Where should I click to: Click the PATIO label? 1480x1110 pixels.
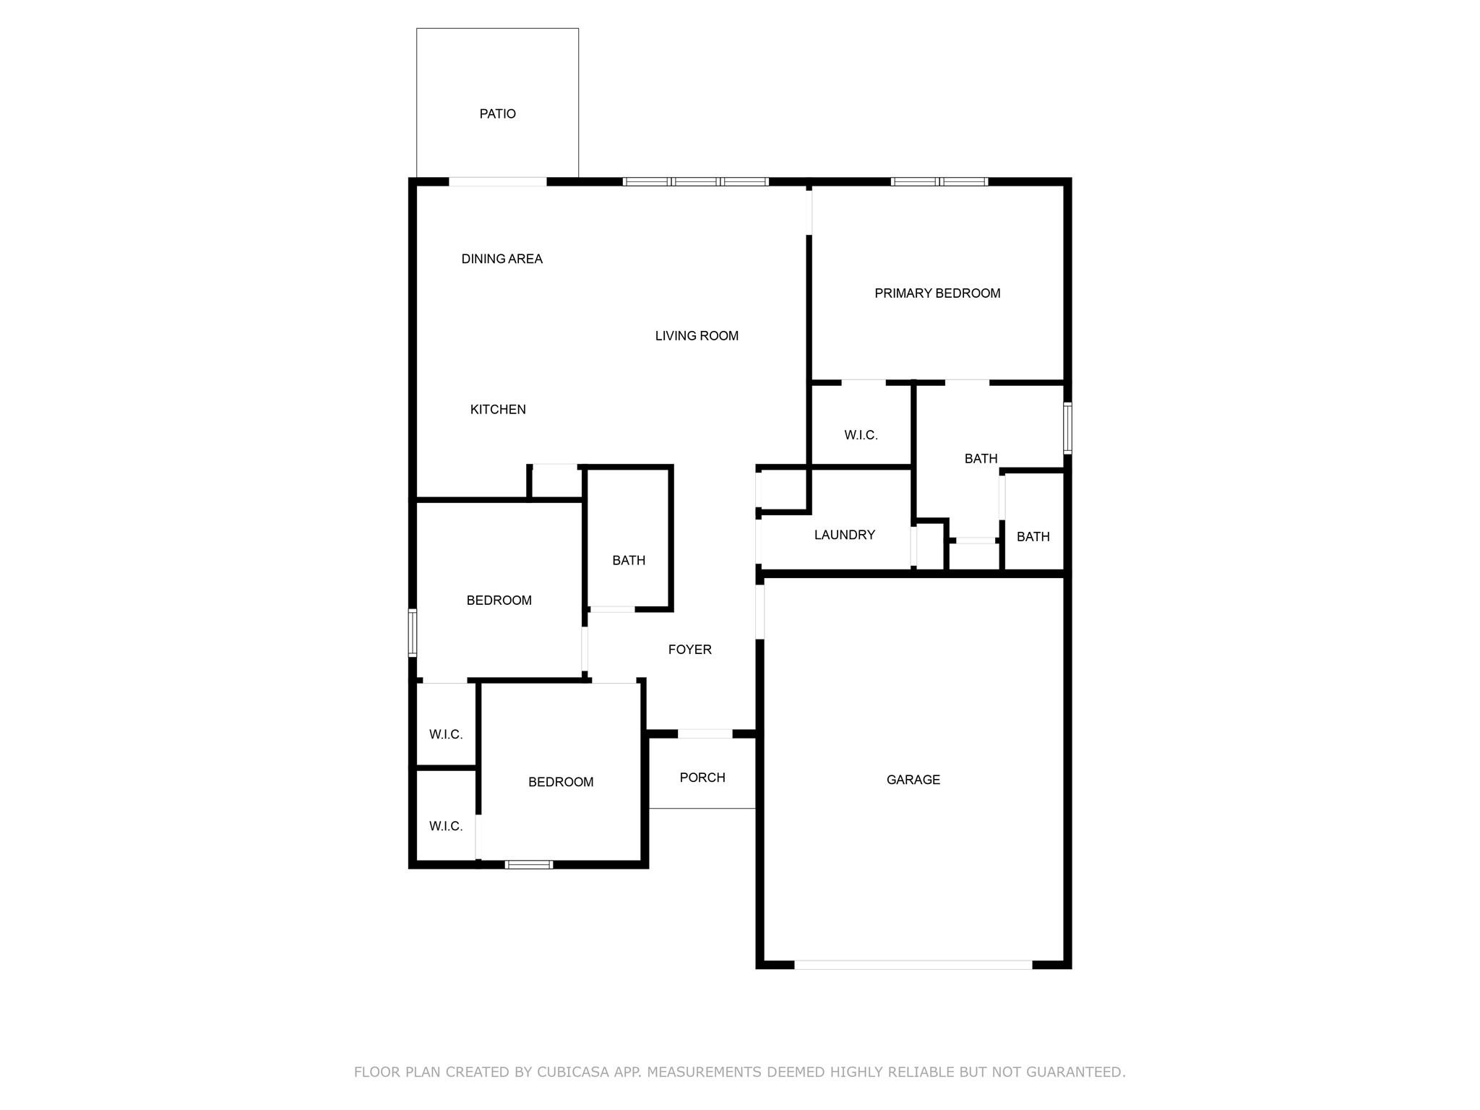[x=497, y=114]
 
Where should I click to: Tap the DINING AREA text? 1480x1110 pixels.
[x=502, y=259]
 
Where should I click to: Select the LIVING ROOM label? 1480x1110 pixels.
[x=697, y=336]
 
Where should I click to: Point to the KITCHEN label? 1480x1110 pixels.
[x=498, y=410]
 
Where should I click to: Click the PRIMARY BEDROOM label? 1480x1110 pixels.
[x=937, y=293]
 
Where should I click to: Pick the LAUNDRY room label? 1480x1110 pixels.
[x=844, y=535]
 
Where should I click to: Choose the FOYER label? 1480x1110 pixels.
[x=689, y=650]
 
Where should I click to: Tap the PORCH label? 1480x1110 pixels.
[x=702, y=778]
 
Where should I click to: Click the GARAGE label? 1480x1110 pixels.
[x=913, y=780]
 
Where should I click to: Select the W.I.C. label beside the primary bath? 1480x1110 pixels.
[x=861, y=435]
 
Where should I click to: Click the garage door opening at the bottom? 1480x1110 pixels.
[x=913, y=965]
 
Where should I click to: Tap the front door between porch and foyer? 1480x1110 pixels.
[x=705, y=734]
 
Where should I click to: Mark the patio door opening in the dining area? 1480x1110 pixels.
[x=498, y=182]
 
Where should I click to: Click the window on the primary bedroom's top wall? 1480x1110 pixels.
[x=939, y=182]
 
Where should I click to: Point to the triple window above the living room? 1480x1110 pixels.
[x=695, y=182]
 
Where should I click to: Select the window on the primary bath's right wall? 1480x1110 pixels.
[x=1067, y=428]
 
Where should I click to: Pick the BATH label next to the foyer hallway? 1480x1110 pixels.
[x=629, y=560]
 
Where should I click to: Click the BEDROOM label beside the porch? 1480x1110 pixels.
[x=561, y=782]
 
